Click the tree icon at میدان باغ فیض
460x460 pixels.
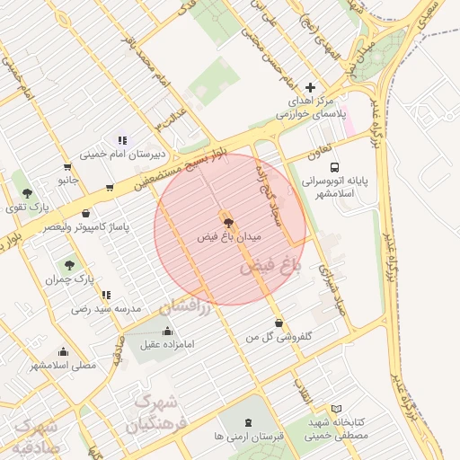click(226, 221)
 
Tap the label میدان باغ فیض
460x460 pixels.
click(229, 236)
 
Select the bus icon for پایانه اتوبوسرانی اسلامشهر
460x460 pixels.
click(335, 167)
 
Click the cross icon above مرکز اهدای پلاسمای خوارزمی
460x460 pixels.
click(310, 87)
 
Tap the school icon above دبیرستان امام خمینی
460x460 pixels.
click(122, 140)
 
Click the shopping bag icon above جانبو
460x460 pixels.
click(66, 167)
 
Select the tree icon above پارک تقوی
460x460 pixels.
click(27, 193)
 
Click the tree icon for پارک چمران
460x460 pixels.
click(69, 265)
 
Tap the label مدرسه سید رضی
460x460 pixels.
click(107, 308)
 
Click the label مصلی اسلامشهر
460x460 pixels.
click(63, 365)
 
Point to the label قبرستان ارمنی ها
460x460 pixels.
click(249, 436)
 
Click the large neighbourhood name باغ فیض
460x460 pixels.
click(268, 266)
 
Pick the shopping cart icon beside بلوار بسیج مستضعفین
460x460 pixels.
click(110, 188)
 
